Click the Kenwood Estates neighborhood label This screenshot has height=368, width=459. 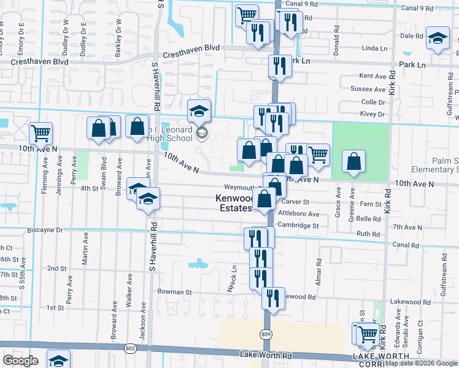(233, 203)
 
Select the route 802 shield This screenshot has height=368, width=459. (130, 348)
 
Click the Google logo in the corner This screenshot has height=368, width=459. (20, 361)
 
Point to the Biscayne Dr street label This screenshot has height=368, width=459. (45, 230)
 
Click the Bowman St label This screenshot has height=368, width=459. (175, 293)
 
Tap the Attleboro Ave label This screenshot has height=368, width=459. (299, 214)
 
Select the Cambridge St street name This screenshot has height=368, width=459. (298, 226)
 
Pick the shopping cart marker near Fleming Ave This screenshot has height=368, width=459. (40, 132)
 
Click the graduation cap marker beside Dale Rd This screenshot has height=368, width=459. (438, 38)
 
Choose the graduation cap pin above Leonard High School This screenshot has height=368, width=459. (199, 110)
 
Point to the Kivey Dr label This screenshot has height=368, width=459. (372, 114)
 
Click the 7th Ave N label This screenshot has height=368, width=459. (406, 227)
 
